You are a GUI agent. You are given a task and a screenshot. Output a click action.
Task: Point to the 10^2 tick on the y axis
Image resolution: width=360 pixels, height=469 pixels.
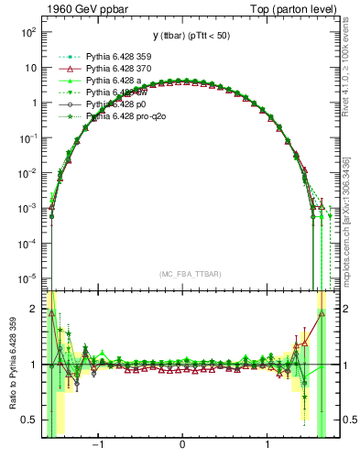point(27,32)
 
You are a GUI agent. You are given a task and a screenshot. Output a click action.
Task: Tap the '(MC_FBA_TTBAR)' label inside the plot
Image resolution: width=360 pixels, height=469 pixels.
point(183,274)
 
